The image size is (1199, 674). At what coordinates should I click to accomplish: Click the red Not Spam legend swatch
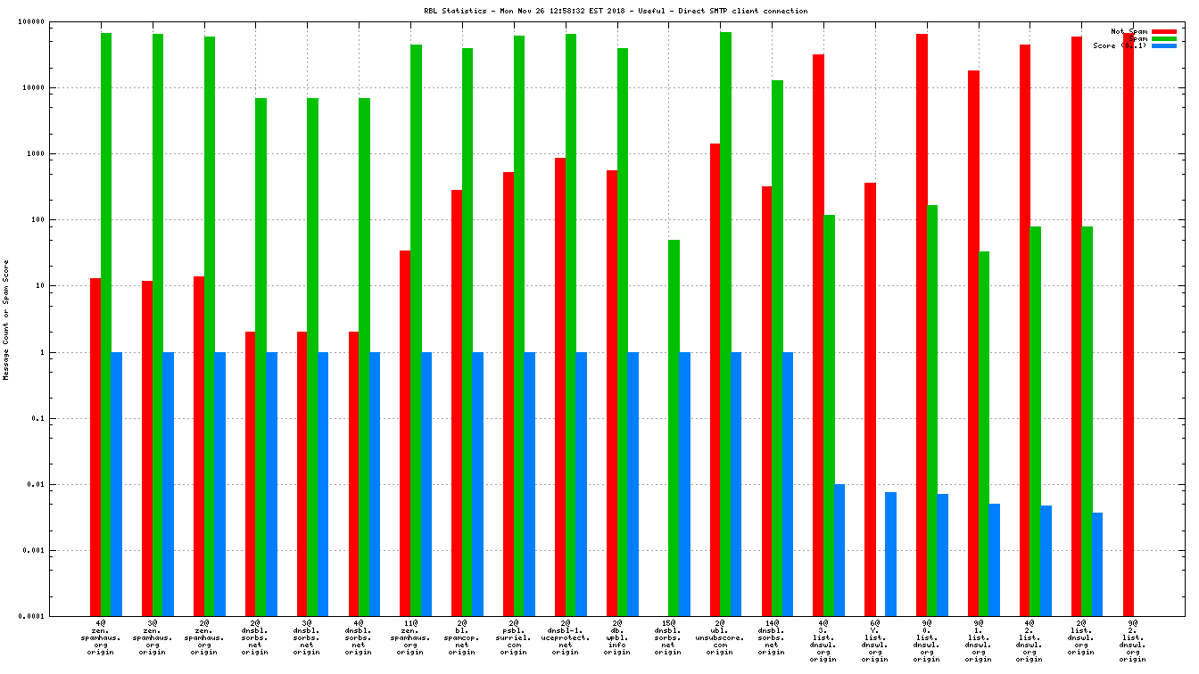click(1164, 31)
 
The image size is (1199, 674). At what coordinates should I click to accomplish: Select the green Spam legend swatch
click(1164, 38)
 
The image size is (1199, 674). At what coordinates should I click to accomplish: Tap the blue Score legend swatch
click(1164, 45)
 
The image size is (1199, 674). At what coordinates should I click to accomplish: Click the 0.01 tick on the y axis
click(62, 484)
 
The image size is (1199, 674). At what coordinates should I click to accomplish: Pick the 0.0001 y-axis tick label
click(59, 616)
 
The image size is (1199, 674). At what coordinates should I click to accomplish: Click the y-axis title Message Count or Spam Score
click(6, 320)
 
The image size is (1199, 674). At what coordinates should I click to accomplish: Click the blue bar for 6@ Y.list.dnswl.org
click(890, 554)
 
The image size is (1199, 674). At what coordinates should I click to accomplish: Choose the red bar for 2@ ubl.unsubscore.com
click(715, 380)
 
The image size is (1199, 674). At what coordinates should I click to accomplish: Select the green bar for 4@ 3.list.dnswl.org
click(829, 415)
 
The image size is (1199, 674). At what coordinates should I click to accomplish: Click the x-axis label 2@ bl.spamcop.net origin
click(462, 637)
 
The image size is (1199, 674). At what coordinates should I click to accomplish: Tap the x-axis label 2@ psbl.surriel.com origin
click(514, 637)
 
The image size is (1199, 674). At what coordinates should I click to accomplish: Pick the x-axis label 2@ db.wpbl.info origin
click(617, 637)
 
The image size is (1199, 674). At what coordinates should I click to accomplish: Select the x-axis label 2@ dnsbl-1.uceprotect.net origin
click(566, 637)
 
